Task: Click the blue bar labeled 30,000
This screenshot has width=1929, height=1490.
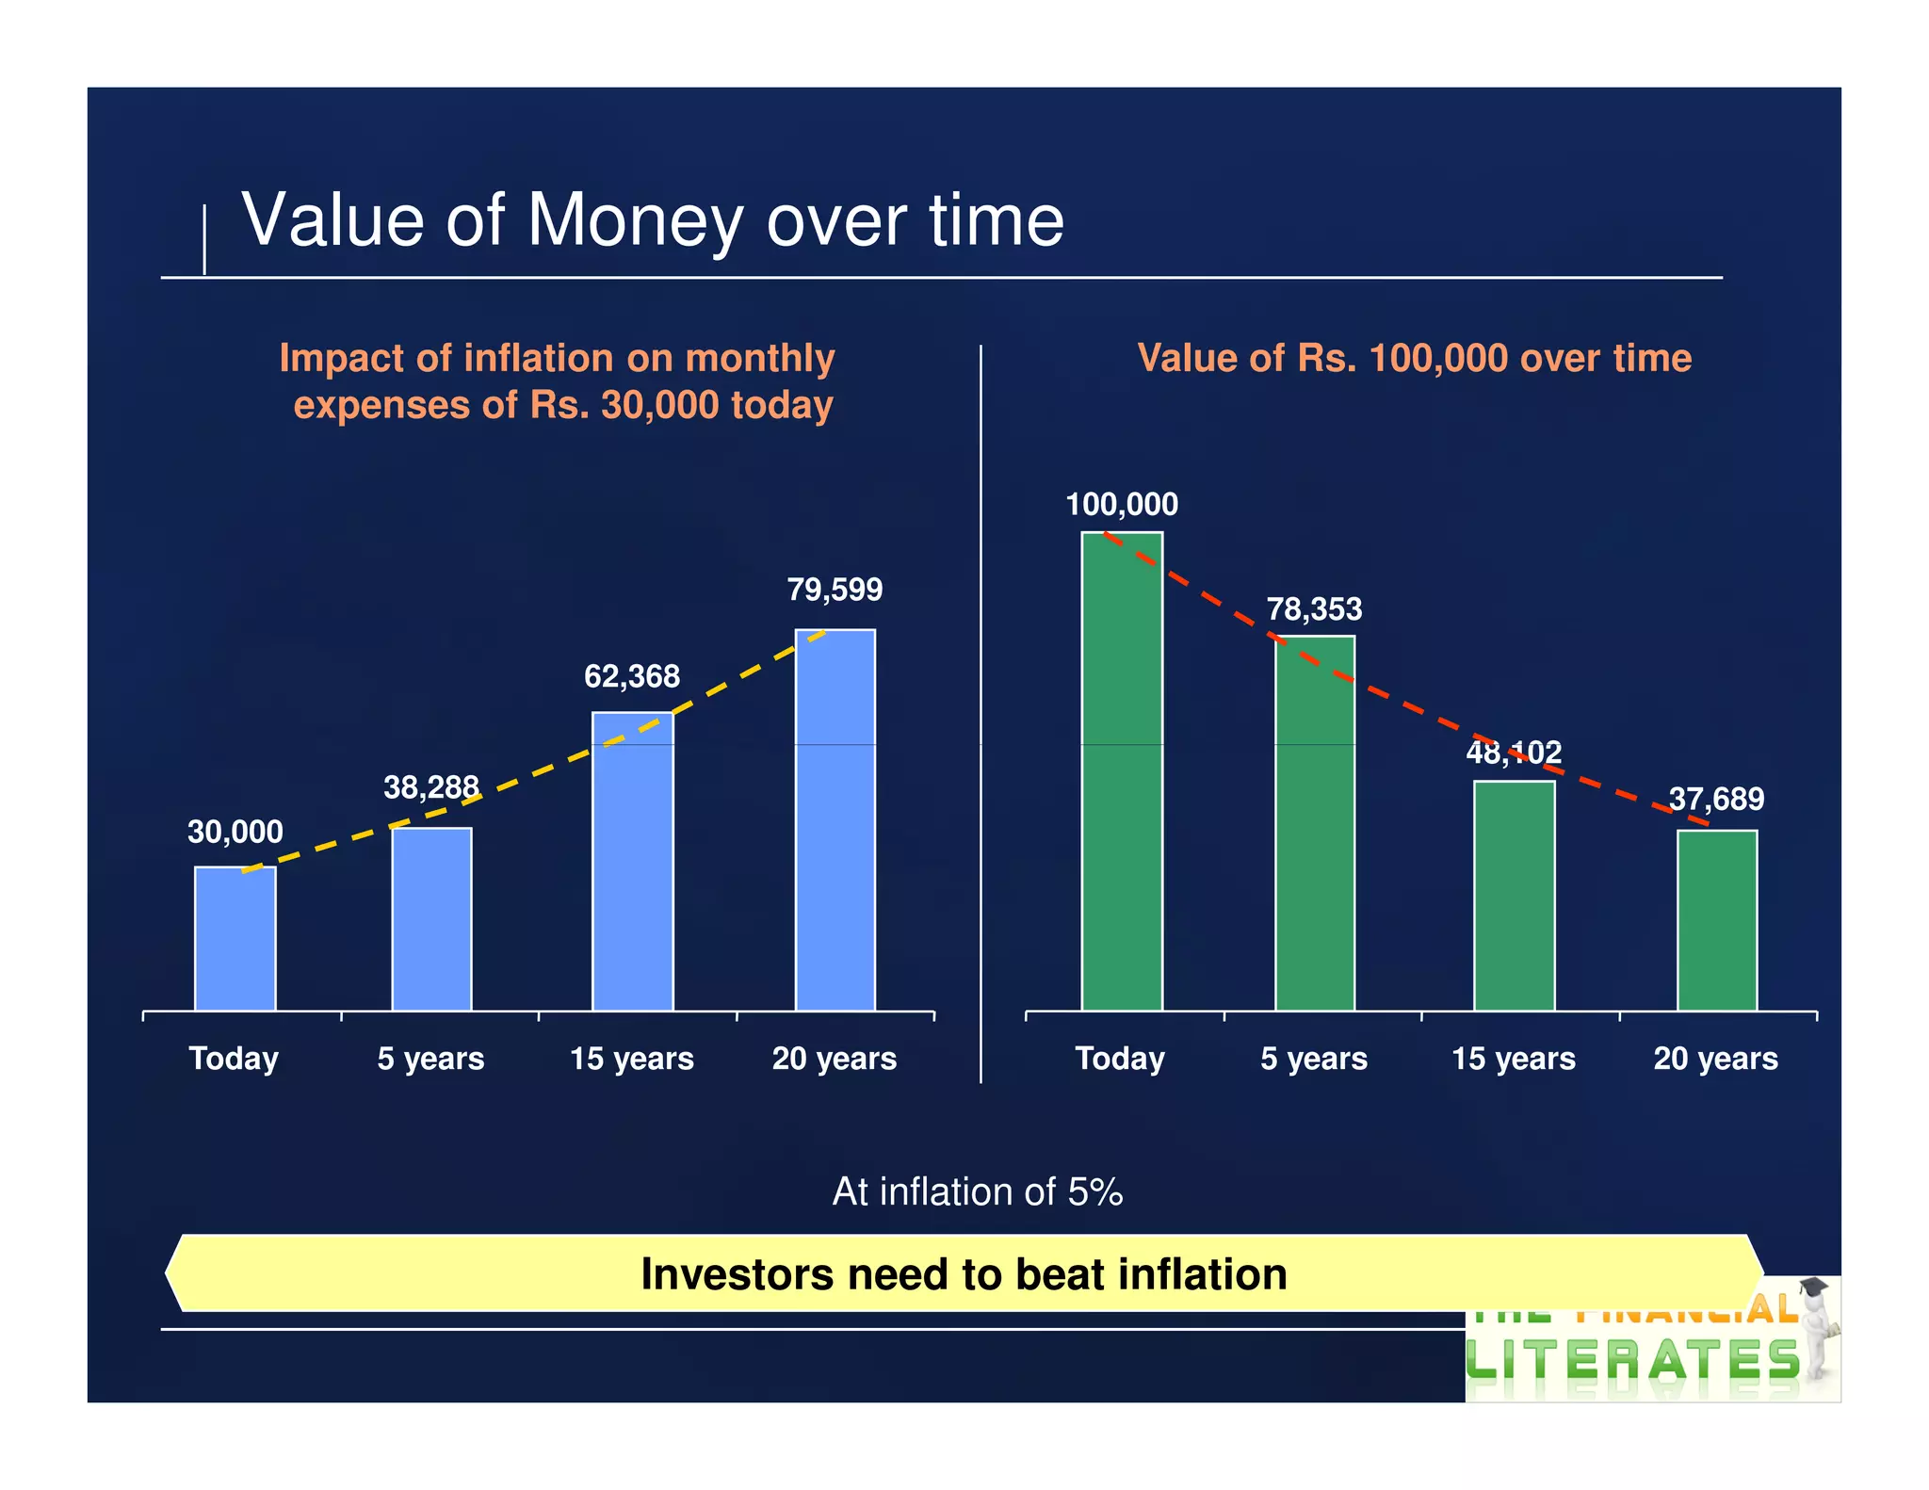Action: pyautogui.click(x=235, y=938)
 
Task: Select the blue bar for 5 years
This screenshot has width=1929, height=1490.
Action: pyautogui.click(x=432, y=919)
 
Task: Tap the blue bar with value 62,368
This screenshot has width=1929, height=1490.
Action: pyautogui.click(x=633, y=861)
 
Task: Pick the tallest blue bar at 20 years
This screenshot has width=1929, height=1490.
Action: pyautogui.click(x=835, y=819)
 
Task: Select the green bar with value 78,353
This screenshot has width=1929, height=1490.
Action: pyautogui.click(x=1315, y=823)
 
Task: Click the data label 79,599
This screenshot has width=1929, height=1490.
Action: pyautogui.click(x=835, y=590)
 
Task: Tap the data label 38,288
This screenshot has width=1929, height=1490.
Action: pyautogui.click(x=431, y=786)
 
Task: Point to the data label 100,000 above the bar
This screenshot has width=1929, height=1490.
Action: pyautogui.click(x=1121, y=505)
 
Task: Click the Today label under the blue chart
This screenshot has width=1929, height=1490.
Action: pyautogui.click(x=234, y=1059)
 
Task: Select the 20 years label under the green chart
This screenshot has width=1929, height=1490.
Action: pyautogui.click(x=1715, y=1059)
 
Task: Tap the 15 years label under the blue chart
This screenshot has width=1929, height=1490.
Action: pyautogui.click(x=632, y=1059)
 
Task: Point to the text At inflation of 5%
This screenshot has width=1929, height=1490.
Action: pyautogui.click(x=978, y=1192)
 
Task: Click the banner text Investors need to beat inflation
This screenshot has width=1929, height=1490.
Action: pyautogui.click(x=964, y=1274)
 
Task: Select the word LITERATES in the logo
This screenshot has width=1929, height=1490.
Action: pyautogui.click(x=1632, y=1362)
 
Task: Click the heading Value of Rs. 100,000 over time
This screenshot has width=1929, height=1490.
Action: pyautogui.click(x=1414, y=359)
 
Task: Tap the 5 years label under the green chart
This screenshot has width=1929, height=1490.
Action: pyautogui.click(x=1314, y=1059)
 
